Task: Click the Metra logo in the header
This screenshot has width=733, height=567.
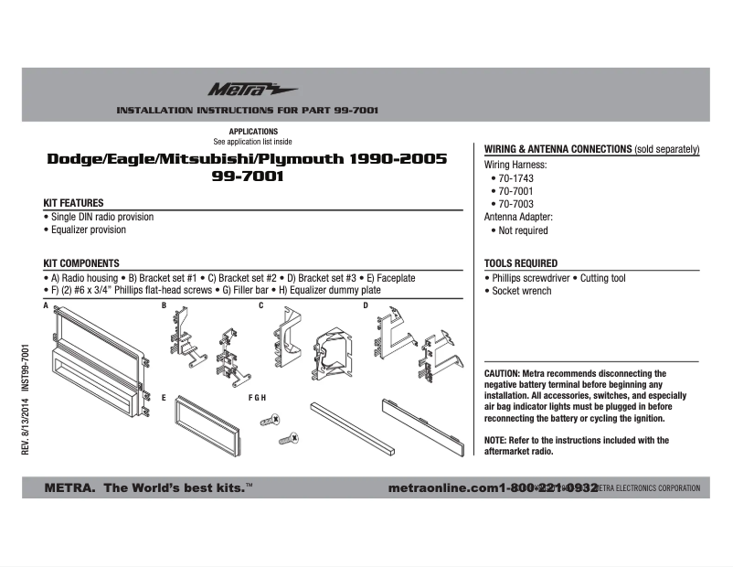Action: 239,90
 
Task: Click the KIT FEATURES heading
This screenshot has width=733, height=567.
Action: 74,203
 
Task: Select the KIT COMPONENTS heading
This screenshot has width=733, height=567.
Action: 81,263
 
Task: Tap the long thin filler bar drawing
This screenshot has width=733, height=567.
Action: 351,428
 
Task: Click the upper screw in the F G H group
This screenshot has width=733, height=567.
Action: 271,420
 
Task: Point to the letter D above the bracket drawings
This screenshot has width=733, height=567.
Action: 365,305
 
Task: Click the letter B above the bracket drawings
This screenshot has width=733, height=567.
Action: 164,305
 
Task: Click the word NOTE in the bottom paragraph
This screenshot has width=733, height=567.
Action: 494,441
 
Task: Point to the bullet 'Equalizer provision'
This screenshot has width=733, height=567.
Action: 88,230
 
